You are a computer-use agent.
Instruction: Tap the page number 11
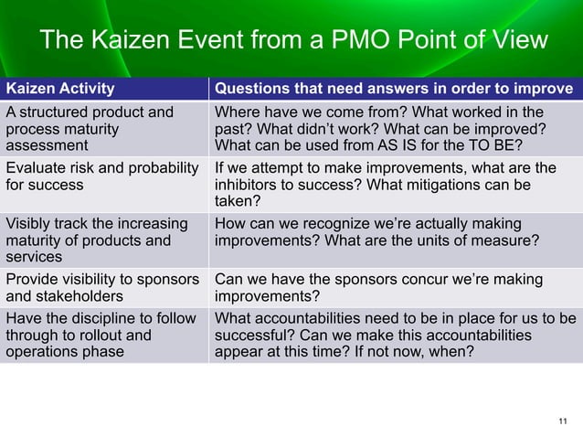[x=562, y=421]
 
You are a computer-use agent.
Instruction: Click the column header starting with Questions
[x=393, y=89]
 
